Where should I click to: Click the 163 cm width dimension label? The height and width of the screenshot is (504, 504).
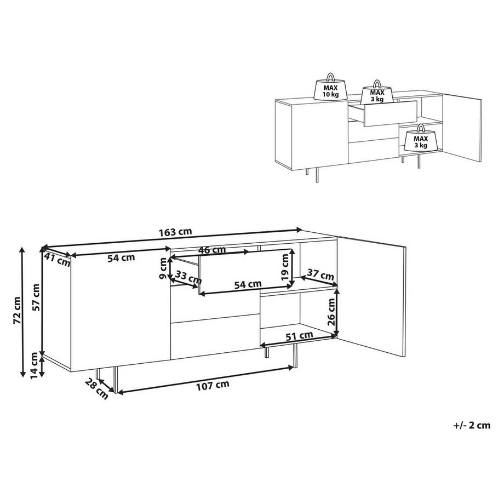(x=175, y=232)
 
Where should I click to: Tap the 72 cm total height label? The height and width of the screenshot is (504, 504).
(x=18, y=310)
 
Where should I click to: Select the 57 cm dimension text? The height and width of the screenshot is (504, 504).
(x=36, y=297)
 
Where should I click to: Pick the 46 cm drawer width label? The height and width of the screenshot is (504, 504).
(x=211, y=250)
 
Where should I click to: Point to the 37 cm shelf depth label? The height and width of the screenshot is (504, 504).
(x=320, y=273)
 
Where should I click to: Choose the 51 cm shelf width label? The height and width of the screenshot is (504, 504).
(x=300, y=335)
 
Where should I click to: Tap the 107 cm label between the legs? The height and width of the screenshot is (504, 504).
(x=212, y=384)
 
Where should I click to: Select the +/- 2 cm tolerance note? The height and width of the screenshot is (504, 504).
(x=472, y=425)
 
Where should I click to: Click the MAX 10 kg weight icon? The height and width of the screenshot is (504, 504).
(x=329, y=88)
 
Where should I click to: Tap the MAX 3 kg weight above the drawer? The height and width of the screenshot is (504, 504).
(x=377, y=94)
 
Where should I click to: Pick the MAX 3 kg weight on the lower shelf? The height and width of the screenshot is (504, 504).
(x=421, y=140)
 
